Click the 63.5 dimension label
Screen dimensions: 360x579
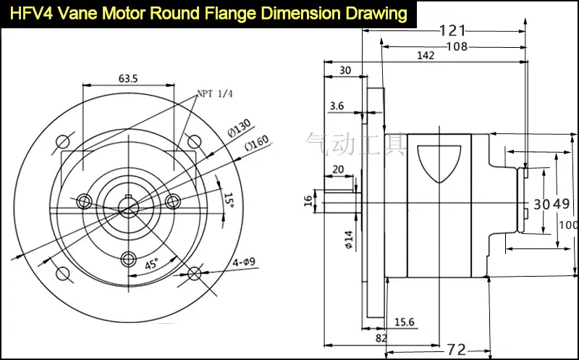click(128, 79)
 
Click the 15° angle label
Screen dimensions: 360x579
click(229, 200)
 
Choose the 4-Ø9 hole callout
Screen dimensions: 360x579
click(245, 262)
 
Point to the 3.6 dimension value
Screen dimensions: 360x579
click(337, 106)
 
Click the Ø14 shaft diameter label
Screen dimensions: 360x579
click(348, 239)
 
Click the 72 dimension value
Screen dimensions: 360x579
click(456, 350)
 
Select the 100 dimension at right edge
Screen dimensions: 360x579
click(570, 225)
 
